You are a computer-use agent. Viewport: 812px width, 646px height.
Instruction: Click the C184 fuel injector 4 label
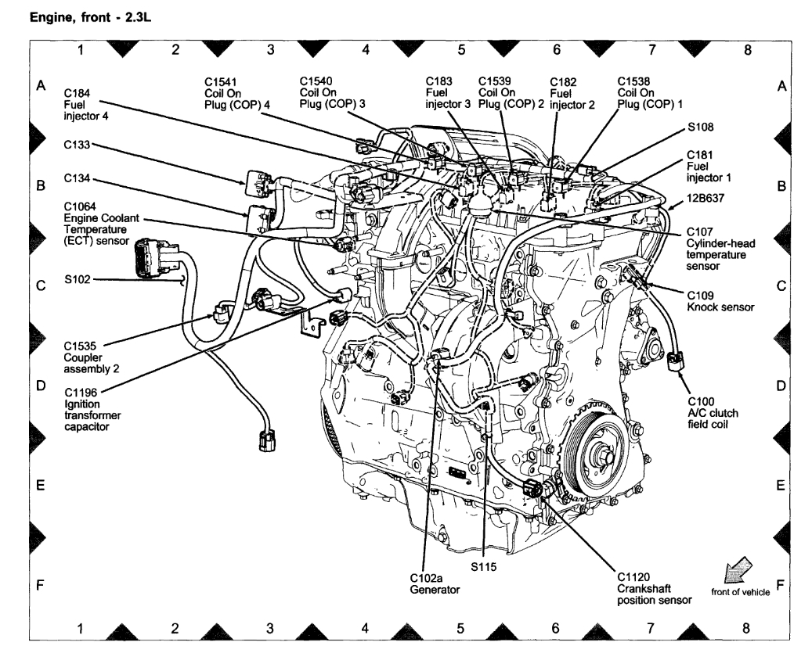point(86,105)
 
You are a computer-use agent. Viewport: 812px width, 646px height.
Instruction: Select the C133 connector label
point(78,145)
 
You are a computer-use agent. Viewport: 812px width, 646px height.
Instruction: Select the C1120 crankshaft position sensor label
point(653,588)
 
